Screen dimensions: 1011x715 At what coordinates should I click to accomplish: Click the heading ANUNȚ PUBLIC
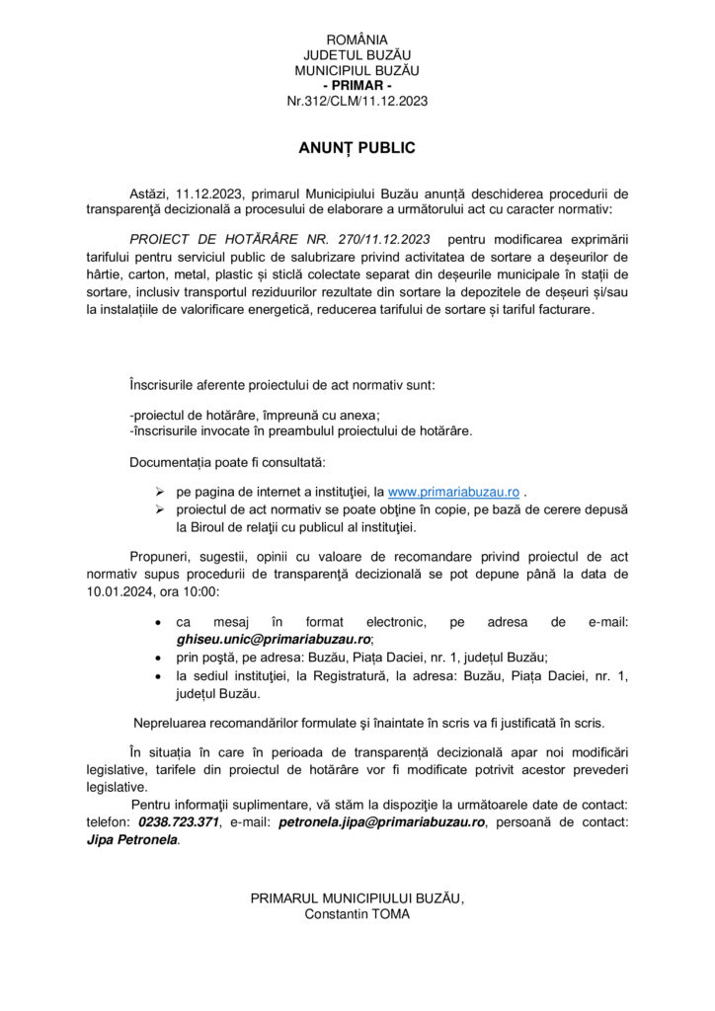357,148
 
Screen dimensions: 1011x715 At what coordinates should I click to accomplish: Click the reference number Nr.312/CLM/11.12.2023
357,101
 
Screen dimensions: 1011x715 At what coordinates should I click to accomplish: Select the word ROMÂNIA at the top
357,39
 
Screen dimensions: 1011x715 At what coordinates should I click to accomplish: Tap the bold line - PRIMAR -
357,86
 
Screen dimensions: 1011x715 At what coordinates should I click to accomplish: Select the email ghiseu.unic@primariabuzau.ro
273,639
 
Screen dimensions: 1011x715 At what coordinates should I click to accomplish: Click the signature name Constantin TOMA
357,913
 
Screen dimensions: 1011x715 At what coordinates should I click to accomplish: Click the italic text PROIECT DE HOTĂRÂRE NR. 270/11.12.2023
279,239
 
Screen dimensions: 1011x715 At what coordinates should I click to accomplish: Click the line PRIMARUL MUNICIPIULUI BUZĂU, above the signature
357,897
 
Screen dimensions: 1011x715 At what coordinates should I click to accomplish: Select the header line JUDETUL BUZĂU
357,55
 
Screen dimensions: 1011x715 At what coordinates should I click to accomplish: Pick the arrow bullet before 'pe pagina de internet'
159,491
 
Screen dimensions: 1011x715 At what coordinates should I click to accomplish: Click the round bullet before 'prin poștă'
159,657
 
